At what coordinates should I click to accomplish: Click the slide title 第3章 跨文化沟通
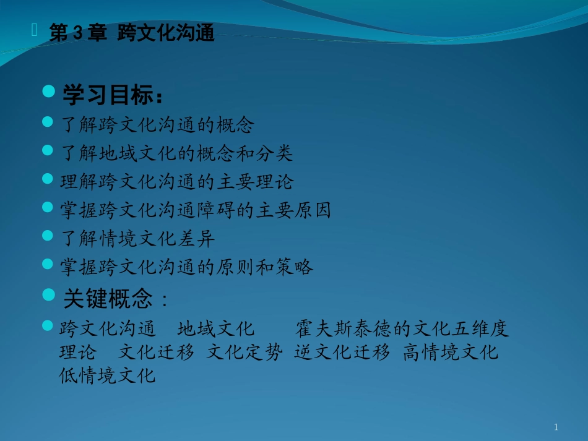pos(131,33)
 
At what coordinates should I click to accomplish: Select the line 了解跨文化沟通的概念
pos(157,125)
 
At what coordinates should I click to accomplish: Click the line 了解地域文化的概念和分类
pos(176,153)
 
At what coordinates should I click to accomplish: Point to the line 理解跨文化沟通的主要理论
pos(176,182)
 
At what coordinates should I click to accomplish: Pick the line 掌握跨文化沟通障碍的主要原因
pos(196,210)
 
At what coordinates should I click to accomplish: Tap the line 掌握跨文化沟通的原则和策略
pos(186,267)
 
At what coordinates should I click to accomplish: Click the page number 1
pos(556,427)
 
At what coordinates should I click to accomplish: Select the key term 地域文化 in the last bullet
pos(216,328)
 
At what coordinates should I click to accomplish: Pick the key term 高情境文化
pos(451,352)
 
